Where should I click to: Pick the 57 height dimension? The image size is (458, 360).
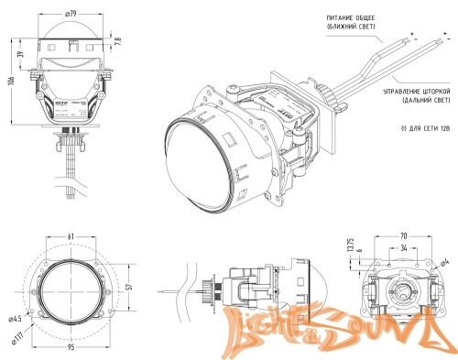point(129,287)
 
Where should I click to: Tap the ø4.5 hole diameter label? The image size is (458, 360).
point(15,320)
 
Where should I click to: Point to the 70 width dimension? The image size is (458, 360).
point(404,235)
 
